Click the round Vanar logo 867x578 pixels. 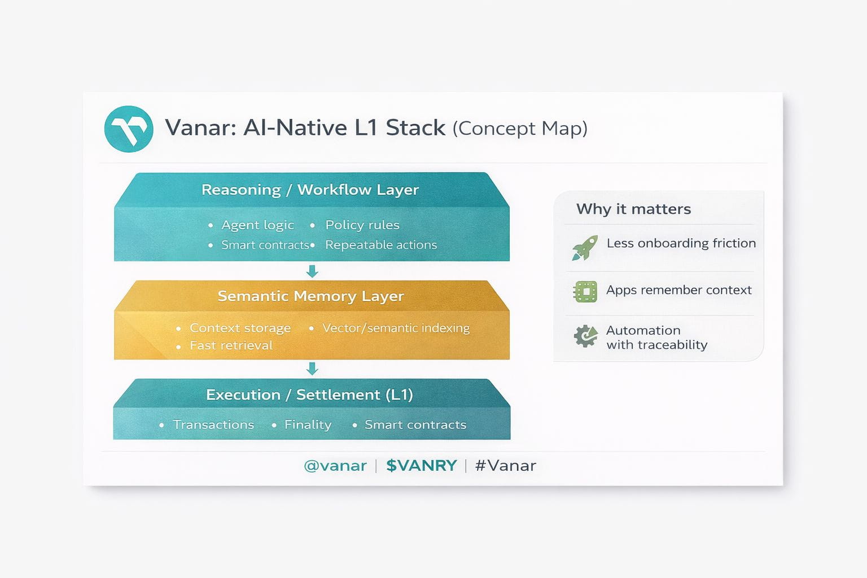point(129,129)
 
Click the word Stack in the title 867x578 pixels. point(415,128)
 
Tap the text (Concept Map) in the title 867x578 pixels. point(520,129)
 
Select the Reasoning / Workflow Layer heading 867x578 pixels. point(310,190)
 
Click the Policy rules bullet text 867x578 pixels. point(362,225)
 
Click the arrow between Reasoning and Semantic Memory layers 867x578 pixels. point(312,271)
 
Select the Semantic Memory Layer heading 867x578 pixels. point(310,296)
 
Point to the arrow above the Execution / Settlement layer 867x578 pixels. point(312,369)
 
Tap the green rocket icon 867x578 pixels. point(585,248)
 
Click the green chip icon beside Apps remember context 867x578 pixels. point(585,291)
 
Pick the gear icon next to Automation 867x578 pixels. point(585,336)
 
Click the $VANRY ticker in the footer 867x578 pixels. point(422,465)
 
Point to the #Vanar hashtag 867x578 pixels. point(506,465)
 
